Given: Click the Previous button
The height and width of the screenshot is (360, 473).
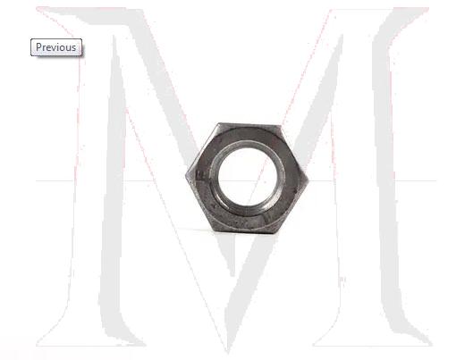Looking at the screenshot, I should click(x=56, y=47).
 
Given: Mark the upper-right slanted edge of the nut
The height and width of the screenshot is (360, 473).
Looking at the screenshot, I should click(x=296, y=153).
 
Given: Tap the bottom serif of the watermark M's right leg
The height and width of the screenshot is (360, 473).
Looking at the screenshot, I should click(x=393, y=338).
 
